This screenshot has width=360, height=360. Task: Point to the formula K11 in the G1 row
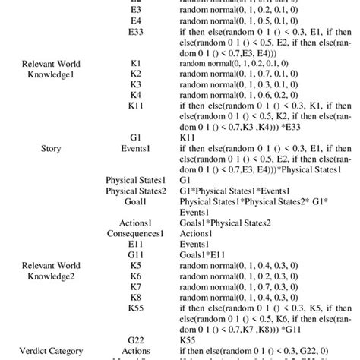(189, 137)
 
